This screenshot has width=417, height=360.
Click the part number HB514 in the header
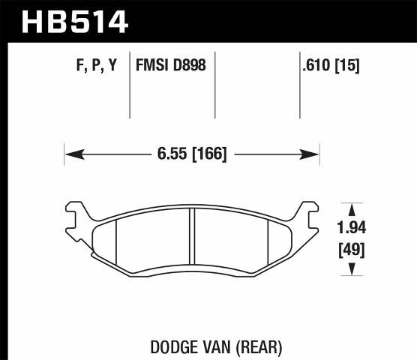click(x=75, y=21)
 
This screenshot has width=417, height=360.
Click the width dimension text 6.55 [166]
click(x=191, y=154)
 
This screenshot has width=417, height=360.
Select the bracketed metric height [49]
click(x=350, y=249)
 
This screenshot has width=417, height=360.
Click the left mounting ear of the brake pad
click(x=73, y=216)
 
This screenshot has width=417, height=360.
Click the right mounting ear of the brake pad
click(x=310, y=216)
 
